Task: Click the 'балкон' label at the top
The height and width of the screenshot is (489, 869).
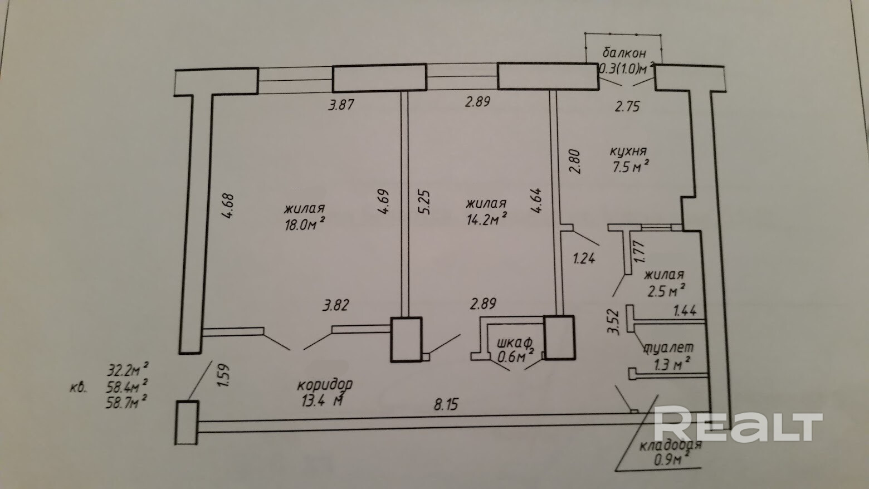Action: (x=624, y=53)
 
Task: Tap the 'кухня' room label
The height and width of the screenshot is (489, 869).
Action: (x=628, y=151)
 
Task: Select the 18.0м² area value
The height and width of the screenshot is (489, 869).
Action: (x=304, y=224)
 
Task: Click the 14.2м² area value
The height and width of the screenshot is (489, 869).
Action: (x=486, y=218)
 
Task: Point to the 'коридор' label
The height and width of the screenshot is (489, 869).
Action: (x=325, y=384)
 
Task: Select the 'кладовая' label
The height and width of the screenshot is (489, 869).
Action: (x=670, y=446)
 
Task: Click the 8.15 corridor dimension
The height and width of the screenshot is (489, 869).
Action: (x=446, y=404)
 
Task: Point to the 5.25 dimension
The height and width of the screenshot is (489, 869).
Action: (x=424, y=203)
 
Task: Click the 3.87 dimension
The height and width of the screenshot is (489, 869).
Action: (x=341, y=104)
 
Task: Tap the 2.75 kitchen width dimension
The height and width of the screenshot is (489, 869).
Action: (x=627, y=106)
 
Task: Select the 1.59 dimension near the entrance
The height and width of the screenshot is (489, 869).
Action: (x=224, y=375)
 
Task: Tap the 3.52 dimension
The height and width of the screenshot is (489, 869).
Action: (x=612, y=322)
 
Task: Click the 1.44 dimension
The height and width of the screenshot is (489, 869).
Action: (x=685, y=311)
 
